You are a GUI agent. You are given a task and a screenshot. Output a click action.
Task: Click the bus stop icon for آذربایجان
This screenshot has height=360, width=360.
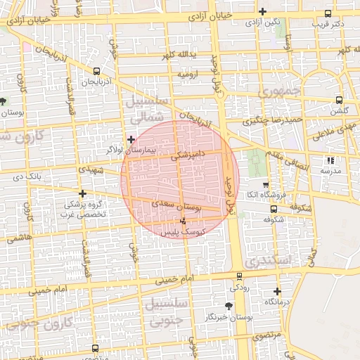point(96,70)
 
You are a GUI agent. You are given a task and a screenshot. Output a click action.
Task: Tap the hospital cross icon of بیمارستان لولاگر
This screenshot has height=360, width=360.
point(131,140)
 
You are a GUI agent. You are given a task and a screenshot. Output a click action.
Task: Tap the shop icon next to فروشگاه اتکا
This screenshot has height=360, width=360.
point(264,184)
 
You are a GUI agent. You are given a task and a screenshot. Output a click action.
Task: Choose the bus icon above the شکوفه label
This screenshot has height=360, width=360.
point(274,208)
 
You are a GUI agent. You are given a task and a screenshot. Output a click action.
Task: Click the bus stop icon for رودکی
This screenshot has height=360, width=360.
point(239,276)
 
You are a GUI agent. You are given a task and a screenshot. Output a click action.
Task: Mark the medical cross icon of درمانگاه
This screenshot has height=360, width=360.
point(278,290)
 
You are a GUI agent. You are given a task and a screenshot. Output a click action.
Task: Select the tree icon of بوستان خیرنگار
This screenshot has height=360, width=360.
point(229,306)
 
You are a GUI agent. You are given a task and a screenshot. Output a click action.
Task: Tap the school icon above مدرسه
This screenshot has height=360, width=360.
point(330,160)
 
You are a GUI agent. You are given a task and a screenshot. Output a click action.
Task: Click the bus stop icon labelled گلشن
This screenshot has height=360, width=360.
point(340,100)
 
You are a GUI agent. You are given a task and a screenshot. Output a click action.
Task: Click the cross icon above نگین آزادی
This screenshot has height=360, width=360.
point(262,11)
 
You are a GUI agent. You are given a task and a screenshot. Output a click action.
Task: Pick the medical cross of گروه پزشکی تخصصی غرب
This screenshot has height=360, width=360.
point(83,193)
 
